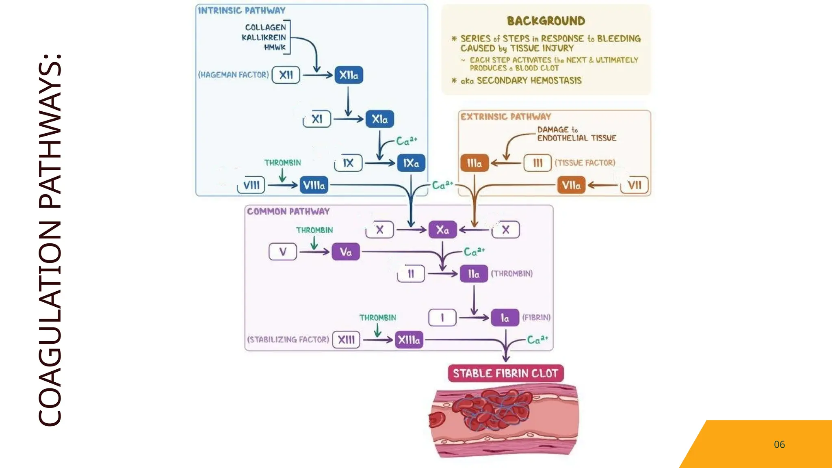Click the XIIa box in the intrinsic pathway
[349, 75]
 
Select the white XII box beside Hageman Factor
[286, 75]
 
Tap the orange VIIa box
[571, 185]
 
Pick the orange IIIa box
[474, 163]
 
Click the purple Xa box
[442, 230]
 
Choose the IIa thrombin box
[474, 274]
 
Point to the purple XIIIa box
[409, 340]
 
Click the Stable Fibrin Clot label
[505, 373]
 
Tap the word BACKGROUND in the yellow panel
[546, 21]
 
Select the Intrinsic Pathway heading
[242, 11]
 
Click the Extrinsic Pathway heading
[505, 117]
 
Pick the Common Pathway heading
[288, 212]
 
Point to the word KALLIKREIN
[264, 37]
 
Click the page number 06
[779, 444]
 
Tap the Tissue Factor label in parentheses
[585, 163]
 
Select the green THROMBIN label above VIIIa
[282, 163]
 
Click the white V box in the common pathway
[283, 252]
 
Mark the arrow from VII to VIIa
[603, 186]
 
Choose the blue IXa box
[411, 163]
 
